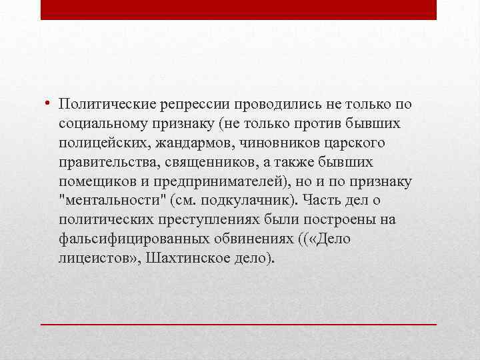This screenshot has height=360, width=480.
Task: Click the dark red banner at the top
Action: click(239, 9)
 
